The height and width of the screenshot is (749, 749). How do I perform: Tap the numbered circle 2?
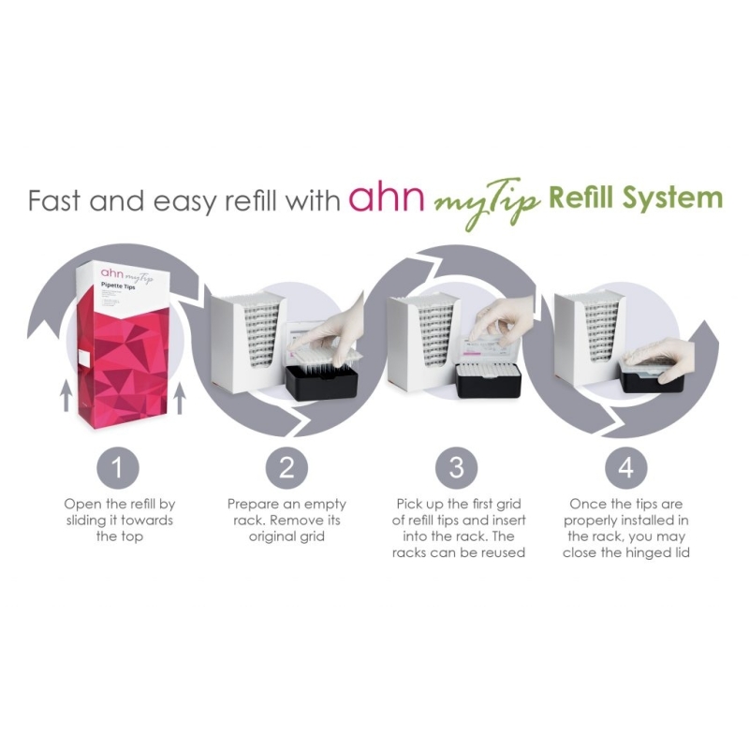point(287,465)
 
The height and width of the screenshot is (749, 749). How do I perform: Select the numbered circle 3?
point(456,465)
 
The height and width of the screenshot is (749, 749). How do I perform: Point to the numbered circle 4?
point(625,465)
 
